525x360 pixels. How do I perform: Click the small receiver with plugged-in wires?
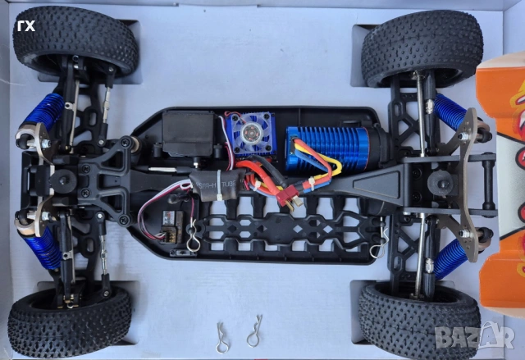(171, 221)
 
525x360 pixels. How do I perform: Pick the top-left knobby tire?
(75, 41)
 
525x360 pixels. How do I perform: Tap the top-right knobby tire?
(422, 47)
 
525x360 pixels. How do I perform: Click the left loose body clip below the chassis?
(223, 335)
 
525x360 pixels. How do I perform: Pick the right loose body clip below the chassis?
(254, 331)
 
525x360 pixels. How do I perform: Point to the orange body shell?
(503, 189)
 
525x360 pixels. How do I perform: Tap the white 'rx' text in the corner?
(27, 25)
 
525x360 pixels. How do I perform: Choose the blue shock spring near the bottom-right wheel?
(451, 255)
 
